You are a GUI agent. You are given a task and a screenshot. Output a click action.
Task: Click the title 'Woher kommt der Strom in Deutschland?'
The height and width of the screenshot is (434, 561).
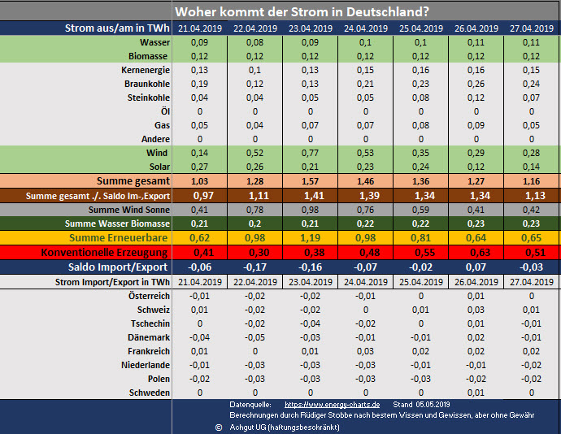click(x=303, y=11)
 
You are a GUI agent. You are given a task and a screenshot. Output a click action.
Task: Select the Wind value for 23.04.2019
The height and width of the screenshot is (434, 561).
click(x=310, y=152)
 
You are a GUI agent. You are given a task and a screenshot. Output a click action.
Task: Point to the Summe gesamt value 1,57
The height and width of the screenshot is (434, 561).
click(x=310, y=180)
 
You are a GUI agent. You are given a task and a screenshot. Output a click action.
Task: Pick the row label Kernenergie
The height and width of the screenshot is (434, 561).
click(x=144, y=70)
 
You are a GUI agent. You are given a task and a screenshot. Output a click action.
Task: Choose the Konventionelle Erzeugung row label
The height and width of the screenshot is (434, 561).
click(x=106, y=252)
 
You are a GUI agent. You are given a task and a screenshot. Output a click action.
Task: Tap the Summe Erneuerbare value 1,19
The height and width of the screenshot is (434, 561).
click(x=310, y=237)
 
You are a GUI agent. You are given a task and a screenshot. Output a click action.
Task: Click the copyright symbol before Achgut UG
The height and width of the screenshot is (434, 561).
click(x=219, y=426)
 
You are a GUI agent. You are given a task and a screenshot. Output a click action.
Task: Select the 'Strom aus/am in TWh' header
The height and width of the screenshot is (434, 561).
click(x=117, y=28)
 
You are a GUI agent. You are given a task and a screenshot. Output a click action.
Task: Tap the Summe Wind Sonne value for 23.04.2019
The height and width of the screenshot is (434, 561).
click(x=310, y=210)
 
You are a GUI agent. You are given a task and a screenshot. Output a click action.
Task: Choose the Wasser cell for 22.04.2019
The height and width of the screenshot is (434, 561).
click(x=254, y=41)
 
